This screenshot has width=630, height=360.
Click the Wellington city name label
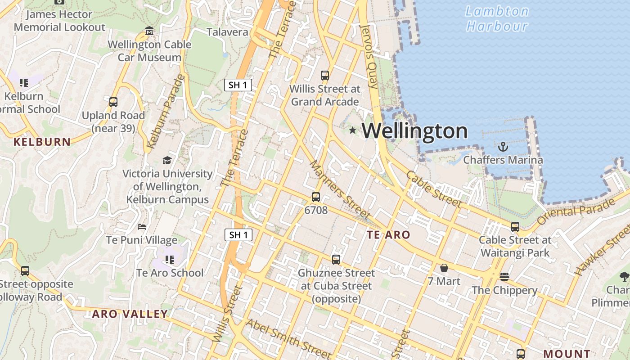tap(414, 131)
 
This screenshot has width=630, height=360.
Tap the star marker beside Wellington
tap(352, 130)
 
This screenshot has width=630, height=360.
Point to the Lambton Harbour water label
tap(497, 18)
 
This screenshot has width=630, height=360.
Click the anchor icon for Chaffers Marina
tap(503, 146)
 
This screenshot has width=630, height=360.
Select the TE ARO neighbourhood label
tap(388, 234)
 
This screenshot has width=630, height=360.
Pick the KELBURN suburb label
tap(42, 142)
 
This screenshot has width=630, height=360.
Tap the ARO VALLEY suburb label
tap(130, 314)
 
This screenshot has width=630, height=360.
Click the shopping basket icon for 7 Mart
tap(444, 268)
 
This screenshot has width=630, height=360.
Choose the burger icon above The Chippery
tap(504, 277)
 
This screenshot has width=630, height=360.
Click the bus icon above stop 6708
tap(316, 197)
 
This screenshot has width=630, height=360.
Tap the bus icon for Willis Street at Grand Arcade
tap(325, 76)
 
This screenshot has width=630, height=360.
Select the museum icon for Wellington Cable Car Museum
tap(149, 31)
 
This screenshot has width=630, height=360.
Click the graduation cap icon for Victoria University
tap(167, 161)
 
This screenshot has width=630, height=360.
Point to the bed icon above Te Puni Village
tap(142, 227)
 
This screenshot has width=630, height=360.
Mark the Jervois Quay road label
tap(369, 56)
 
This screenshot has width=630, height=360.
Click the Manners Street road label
tap(339, 190)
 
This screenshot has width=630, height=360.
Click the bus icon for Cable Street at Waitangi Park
tap(515, 227)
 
